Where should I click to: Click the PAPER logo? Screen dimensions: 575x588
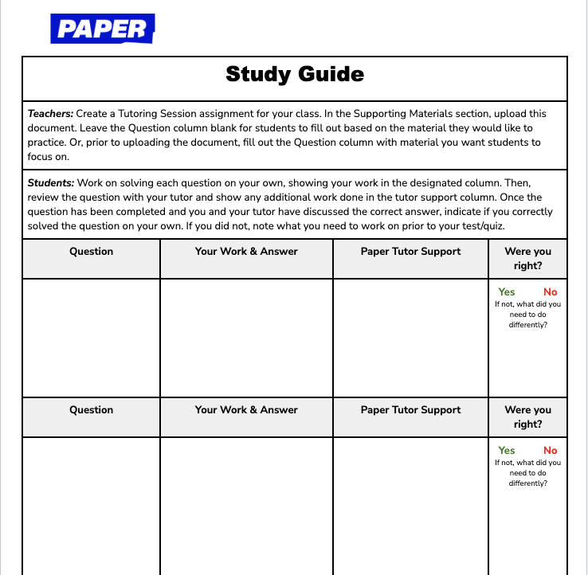[102, 29]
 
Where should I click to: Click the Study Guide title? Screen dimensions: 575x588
[295, 75]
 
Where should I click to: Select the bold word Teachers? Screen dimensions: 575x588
[50, 114]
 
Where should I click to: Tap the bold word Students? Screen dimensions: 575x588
[51, 183]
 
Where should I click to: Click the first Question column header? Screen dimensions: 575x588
[92, 252]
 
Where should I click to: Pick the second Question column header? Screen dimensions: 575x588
[92, 410]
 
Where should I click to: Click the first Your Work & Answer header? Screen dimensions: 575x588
[246, 252]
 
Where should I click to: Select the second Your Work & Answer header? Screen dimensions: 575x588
[246, 410]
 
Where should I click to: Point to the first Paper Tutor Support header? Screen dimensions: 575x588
[410, 252]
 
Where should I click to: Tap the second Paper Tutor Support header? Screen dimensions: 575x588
[410, 410]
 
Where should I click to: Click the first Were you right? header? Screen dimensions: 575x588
[527, 258]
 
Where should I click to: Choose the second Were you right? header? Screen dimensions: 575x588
[527, 417]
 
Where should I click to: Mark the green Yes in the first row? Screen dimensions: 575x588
[507, 292]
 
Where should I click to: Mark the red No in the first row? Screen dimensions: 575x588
[550, 292]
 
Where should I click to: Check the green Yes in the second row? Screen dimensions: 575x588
[507, 451]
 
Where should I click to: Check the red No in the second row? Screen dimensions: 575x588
[550, 451]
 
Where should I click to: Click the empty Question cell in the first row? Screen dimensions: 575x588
[92, 338]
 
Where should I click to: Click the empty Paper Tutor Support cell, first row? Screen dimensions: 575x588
[410, 338]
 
